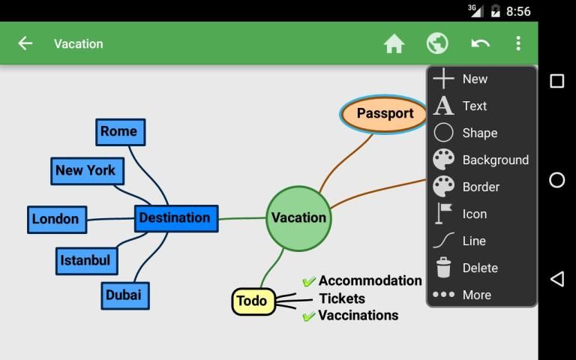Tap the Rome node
(x=120, y=132)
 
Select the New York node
(x=86, y=171)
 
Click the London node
(x=56, y=220)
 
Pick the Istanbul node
(x=86, y=261)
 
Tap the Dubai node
(x=124, y=295)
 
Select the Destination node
(x=175, y=218)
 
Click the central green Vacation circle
(x=298, y=218)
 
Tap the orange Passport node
(x=385, y=114)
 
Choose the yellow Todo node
(x=253, y=301)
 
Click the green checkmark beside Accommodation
(x=308, y=282)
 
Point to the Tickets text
(x=342, y=298)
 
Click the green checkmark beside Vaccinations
(x=308, y=316)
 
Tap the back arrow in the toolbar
(x=25, y=43)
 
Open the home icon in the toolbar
(x=394, y=43)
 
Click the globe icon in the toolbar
(x=437, y=43)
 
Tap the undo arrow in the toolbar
(x=480, y=43)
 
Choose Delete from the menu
(x=479, y=268)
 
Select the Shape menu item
(x=479, y=133)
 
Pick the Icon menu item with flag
(x=474, y=214)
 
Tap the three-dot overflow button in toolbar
(x=518, y=43)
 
